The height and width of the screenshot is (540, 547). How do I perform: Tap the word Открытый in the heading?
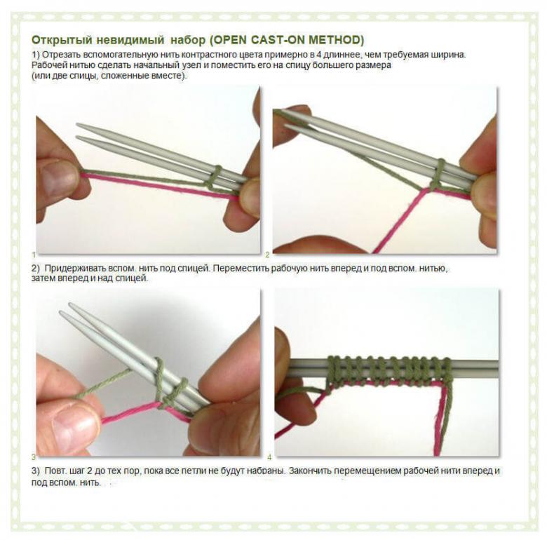pos(62,40)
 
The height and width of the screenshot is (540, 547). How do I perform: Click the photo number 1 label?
pos(34,255)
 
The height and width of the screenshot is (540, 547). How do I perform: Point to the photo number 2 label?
pos(267,255)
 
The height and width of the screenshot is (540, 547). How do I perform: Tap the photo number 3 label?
pos(34,457)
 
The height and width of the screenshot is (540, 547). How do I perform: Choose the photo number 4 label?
pos(269,457)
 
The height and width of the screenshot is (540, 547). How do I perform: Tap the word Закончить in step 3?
pos(310,471)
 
